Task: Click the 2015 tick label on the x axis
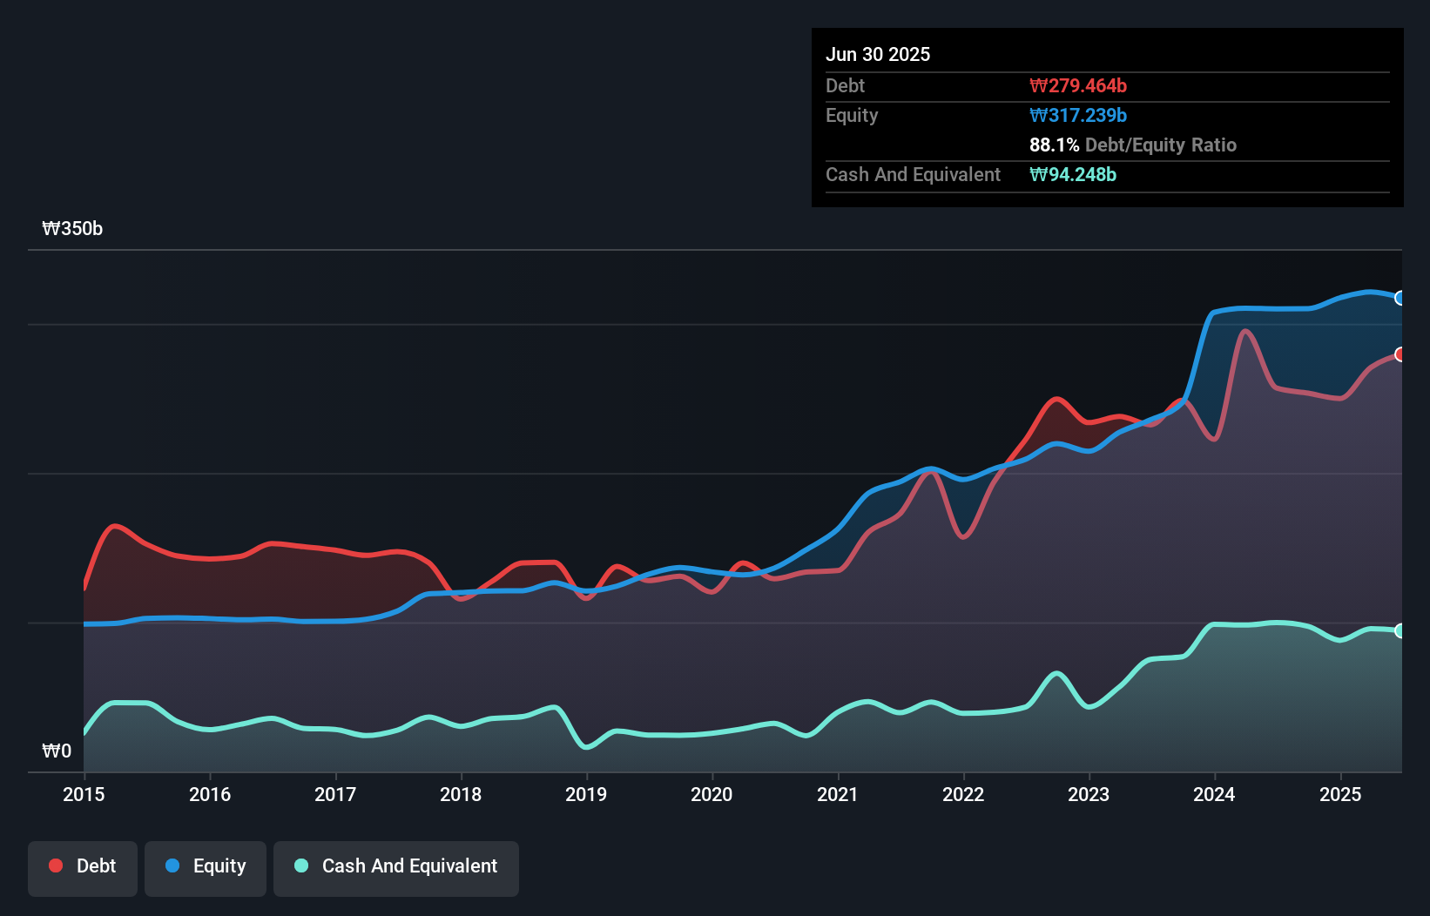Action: tap(84, 794)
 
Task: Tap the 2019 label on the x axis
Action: tap(586, 794)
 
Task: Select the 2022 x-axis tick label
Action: tap(963, 794)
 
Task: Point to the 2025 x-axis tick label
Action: tap(1340, 794)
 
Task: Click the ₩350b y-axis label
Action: tap(72, 229)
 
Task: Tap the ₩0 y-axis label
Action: tap(57, 751)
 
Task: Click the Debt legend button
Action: tap(83, 866)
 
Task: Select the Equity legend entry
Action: tap(206, 866)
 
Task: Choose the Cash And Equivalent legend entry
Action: tap(396, 866)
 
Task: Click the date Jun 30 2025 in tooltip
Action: tap(878, 54)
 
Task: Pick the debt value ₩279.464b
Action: tap(1078, 85)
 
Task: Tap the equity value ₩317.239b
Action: tap(1078, 115)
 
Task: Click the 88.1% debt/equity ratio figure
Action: tap(1054, 145)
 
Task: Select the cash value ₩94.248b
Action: tap(1073, 174)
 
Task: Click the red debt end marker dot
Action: tap(1400, 354)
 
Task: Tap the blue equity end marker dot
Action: tap(1400, 298)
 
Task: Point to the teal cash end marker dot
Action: tap(1400, 630)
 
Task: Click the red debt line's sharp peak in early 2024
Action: tap(1245, 331)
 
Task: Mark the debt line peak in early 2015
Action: tap(115, 526)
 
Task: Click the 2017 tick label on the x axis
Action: tap(335, 794)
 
